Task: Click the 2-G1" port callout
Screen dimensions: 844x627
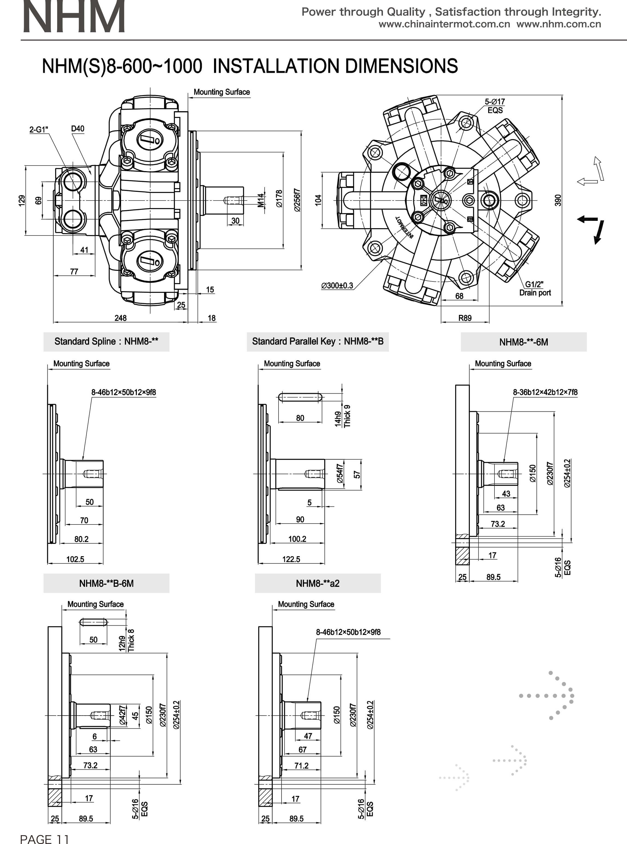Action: (39, 130)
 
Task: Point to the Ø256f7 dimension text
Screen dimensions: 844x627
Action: (297, 200)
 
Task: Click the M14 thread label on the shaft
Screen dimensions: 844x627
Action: (261, 200)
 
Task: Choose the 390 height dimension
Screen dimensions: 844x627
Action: (558, 200)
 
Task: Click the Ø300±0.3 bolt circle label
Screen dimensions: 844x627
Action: (337, 286)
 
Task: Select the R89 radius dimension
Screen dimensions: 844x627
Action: (465, 318)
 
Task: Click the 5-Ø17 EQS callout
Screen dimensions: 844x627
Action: (494, 106)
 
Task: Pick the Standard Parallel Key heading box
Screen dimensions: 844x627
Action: (318, 342)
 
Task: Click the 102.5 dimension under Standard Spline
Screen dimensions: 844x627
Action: (75, 559)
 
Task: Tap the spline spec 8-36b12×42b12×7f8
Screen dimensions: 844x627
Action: (545, 392)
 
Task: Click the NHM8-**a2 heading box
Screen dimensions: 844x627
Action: (318, 583)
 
